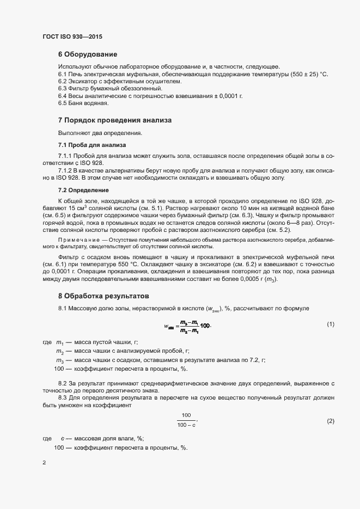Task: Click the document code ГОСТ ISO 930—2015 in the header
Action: tap(72, 36)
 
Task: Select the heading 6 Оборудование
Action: tap(88, 54)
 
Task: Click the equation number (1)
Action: tap(330, 324)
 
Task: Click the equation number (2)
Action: tap(330, 421)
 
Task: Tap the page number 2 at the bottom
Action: tap(44, 463)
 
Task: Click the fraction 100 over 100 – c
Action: tap(187, 420)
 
